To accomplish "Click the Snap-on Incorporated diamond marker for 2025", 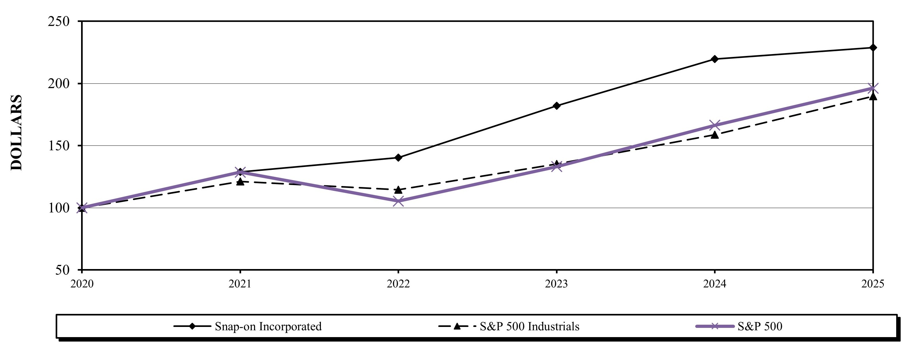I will (873, 47).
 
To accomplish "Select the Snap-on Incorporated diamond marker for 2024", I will (715, 59).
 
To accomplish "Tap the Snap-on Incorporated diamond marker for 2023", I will (556, 106).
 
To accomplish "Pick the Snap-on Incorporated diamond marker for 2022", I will (398, 157).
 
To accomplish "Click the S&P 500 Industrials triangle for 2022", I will (398, 190).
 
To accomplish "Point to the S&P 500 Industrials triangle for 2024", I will (715, 135).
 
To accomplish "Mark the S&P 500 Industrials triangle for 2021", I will (240, 182).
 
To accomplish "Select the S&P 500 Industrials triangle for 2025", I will (873, 96).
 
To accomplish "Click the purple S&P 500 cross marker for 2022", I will (398, 201).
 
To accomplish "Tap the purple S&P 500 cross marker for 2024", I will (715, 125).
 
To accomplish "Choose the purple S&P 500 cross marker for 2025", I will (873, 88).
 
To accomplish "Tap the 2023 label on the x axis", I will (556, 284).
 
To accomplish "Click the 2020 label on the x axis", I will (82, 284).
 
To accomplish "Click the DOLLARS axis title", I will (16, 133).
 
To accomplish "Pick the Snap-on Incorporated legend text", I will (268, 326).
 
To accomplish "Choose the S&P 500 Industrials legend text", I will (530, 326).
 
